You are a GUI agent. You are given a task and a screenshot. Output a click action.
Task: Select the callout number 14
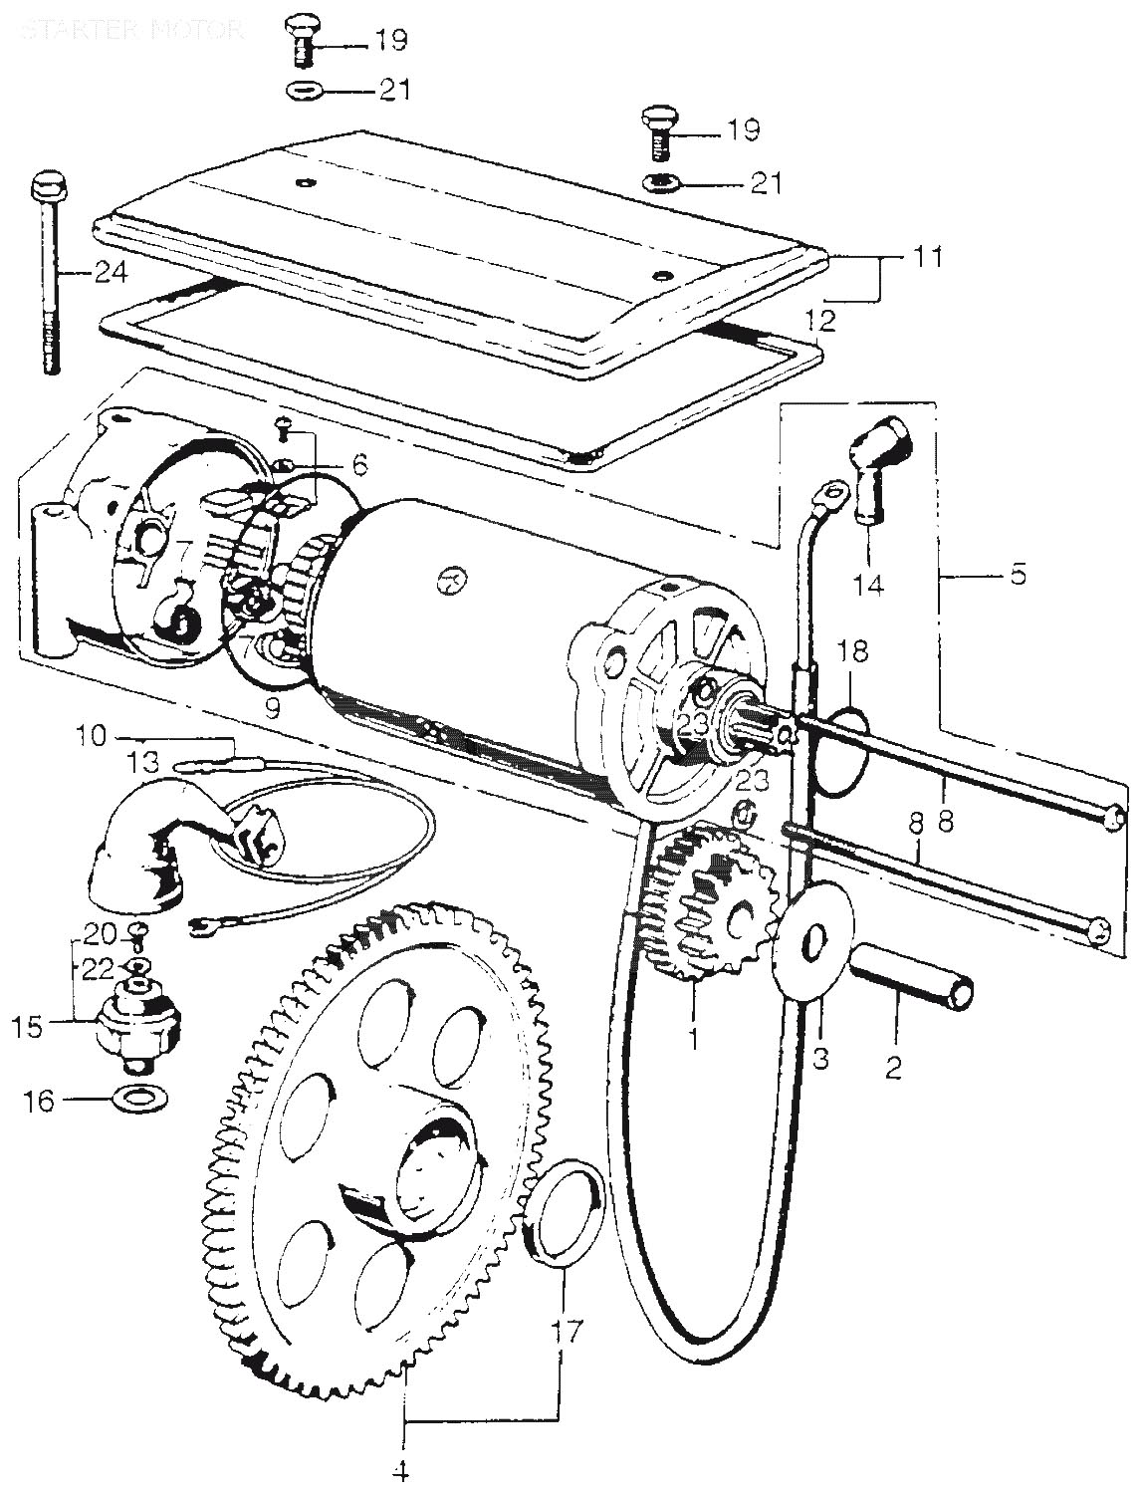(x=869, y=584)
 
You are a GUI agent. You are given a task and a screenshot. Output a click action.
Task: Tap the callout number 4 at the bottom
(x=405, y=1469)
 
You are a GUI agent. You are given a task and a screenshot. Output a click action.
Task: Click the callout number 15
(x=27, y=1026)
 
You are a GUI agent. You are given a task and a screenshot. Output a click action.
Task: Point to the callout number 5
(x=1018, y=575)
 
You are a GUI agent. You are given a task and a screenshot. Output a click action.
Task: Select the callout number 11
(x=926, y=257)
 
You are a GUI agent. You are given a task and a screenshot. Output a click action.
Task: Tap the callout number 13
(x=144, y=763)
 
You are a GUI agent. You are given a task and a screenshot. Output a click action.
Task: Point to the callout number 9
(x=272, y=707)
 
